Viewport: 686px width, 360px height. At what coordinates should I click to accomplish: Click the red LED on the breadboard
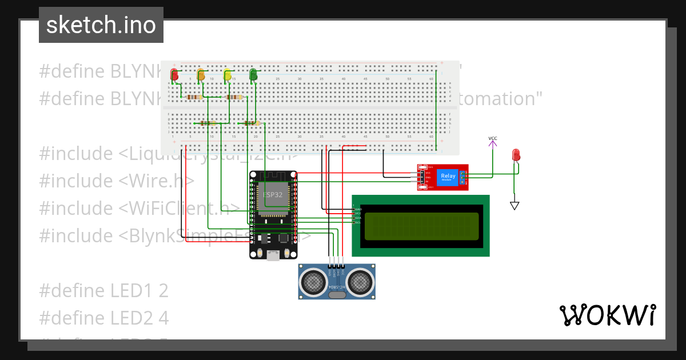pos(174,75)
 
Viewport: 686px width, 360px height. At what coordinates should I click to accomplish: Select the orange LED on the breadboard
pos(201,75)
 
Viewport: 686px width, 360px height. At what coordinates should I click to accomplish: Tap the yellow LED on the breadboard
pos(228,75)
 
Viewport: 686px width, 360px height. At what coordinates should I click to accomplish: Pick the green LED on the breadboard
pos(253,74)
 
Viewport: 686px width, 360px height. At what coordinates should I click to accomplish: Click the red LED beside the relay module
pos(516,155)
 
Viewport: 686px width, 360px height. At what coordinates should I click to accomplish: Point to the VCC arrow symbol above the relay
pos(493,143)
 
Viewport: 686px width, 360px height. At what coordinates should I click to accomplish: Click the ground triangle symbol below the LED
pos(514,205)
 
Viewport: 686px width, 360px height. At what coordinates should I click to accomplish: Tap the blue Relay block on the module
pos(448,177)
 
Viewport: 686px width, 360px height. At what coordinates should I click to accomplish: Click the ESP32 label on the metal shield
pos(272,194)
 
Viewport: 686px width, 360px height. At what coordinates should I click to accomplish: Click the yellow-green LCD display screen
pos(421,226)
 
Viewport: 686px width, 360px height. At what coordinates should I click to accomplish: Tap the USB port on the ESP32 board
pos(273,256)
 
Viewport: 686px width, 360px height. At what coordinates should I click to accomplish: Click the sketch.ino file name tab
pos(101,25)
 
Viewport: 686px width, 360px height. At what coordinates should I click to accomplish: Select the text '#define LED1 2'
pos(103,290)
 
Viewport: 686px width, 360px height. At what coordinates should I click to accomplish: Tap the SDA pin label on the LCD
pos(358,218)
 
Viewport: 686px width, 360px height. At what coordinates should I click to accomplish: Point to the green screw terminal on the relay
pos(462,177)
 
